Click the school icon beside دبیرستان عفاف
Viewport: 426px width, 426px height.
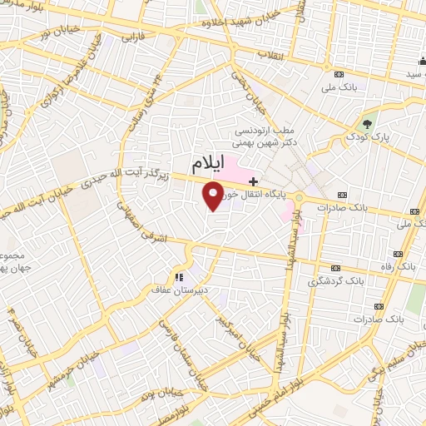tap(178, 276)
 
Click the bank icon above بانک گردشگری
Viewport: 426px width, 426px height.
tap(336, 268)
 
